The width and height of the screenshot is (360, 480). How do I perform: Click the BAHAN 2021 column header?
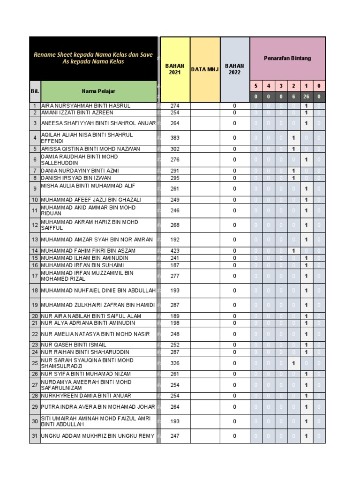click(x=175, y=69)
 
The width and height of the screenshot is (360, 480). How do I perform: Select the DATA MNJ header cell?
click(x=205, y=69)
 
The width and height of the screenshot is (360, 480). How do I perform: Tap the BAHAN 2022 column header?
click(x=234, y=69)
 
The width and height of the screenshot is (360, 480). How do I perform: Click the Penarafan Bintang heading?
click(x=287, y=58)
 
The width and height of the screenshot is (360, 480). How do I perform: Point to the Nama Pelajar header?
click(x=98, y=91)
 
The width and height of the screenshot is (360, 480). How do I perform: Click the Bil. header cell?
click(x=35, y=91)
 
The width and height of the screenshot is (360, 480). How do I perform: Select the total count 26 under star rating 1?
click(x=306, y=97)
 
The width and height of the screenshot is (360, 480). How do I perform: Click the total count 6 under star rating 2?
click(x=293, y=97)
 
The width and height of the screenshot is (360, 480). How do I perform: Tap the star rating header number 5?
click(x=255, y=86)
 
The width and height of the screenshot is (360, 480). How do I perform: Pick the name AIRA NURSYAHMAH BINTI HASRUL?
click(x=86, y=106)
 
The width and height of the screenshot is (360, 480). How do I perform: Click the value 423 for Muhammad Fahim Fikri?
click(x=175, y=251)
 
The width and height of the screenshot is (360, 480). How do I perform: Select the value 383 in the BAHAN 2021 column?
click(x=175, y=138)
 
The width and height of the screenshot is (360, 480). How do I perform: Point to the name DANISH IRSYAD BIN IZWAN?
click(x=76, y=178)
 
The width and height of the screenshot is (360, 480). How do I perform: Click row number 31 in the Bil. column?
click(x=35, y=436)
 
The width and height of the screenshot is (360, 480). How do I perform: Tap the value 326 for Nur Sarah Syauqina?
click(x=175, y=363)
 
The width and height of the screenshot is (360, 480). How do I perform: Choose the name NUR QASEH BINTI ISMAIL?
click(x=74, y=345)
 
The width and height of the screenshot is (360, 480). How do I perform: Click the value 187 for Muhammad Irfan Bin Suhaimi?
click(x=175, y=265)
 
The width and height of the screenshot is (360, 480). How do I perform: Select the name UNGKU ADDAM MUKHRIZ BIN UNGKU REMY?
click(x=97, y=436)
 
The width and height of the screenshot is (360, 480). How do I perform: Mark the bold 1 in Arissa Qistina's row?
click(x=293, y=149)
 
